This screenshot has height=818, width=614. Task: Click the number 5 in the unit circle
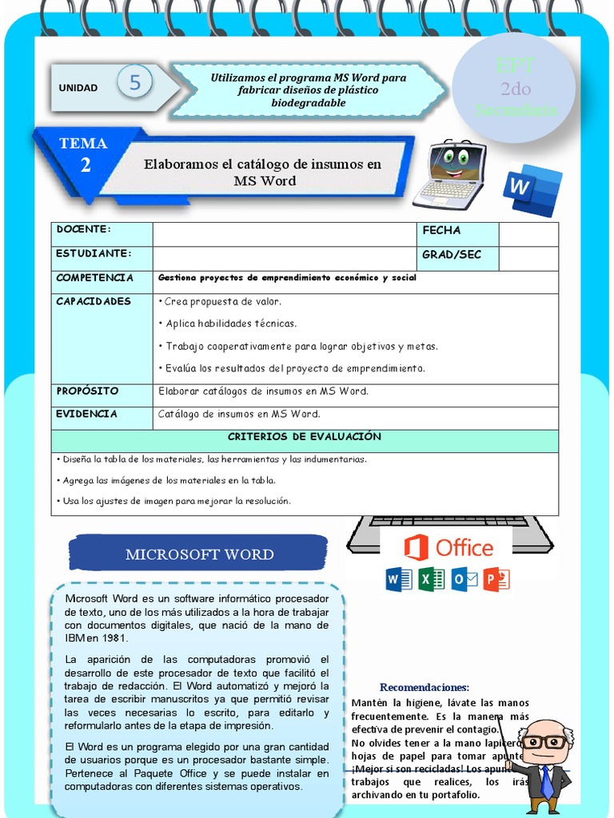(134, 82)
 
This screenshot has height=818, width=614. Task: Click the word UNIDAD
(78, 88)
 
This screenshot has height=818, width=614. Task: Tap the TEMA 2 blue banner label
(83, 153)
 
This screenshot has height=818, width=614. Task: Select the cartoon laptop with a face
(449, 173)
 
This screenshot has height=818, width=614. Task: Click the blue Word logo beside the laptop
(532, 190)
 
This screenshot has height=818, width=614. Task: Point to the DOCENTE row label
(83, 230)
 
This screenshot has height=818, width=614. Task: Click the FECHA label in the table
(441, 231)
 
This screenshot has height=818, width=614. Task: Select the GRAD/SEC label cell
(452, 255)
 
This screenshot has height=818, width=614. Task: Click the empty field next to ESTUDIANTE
(285, 258)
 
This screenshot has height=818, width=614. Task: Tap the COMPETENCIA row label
(94, 278)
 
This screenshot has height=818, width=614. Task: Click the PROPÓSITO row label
(87, 391)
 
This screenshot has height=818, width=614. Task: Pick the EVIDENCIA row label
(86, 414)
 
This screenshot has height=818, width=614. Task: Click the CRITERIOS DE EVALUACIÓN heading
(304, 437)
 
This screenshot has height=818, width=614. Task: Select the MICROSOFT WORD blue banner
(199, 554)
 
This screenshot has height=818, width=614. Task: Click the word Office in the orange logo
(464, 548)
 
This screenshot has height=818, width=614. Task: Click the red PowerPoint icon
(496, 578)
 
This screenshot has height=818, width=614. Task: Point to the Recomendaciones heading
(424, 687)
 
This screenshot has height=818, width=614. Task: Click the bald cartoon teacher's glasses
(544, 741)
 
